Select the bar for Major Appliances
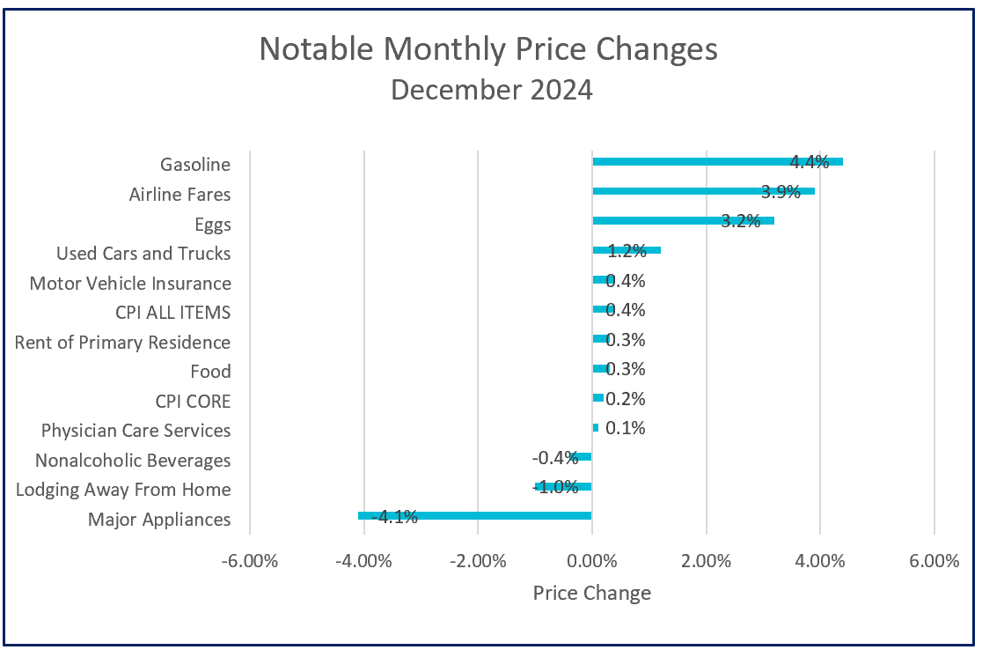[475, 515]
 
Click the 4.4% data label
[810, 162]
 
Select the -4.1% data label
[393, 517]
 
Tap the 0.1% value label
[626, 429]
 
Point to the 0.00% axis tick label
[591, 562]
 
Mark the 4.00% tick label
[820, 562]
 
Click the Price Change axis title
[591, 593]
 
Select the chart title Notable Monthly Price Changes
[488, 49]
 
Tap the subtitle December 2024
[491, 90]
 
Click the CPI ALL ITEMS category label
[172, 313]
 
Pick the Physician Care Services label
[136, 431]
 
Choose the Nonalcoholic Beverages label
[132, 460]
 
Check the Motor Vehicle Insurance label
[130, 284]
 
